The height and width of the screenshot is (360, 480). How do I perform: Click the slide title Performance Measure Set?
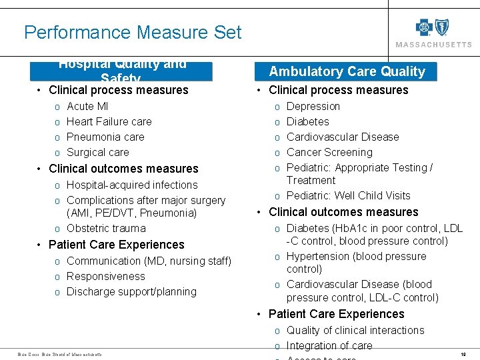tap(133, 32)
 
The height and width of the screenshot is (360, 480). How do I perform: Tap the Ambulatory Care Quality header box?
tap(347, 71)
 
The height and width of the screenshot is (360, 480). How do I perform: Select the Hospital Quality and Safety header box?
tap(121, 71)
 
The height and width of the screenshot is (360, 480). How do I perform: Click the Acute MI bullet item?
tap(87, 106)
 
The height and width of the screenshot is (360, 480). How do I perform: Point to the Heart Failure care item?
tap(109, 121)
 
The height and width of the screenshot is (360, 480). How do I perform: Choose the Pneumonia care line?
tap(105, 137)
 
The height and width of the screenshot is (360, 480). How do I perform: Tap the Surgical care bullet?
tap(98, 152)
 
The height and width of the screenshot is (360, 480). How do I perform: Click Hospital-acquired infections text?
tap(132, 185)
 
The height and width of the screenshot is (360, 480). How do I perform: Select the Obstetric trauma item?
tap(106, 228)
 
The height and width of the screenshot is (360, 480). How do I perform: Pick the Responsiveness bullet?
tap(105, 276)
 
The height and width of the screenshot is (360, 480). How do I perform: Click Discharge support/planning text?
tap(131, 291)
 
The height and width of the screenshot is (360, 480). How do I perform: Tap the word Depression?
tap(313, 106)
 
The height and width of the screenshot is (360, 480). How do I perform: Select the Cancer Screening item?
tap(329, 152)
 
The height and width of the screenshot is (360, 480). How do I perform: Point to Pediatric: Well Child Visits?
tap(348, 195)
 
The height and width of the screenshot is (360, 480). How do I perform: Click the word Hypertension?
tap(317, 256)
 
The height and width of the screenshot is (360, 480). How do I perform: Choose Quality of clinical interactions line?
tap(355, 330)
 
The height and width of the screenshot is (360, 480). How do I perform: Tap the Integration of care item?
tap(329, 345)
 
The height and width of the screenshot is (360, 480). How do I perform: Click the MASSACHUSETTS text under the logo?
tap(433, 45)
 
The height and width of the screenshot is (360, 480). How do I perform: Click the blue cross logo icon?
tap(424, 27)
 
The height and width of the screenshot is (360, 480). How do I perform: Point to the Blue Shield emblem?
tap(441, 27)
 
